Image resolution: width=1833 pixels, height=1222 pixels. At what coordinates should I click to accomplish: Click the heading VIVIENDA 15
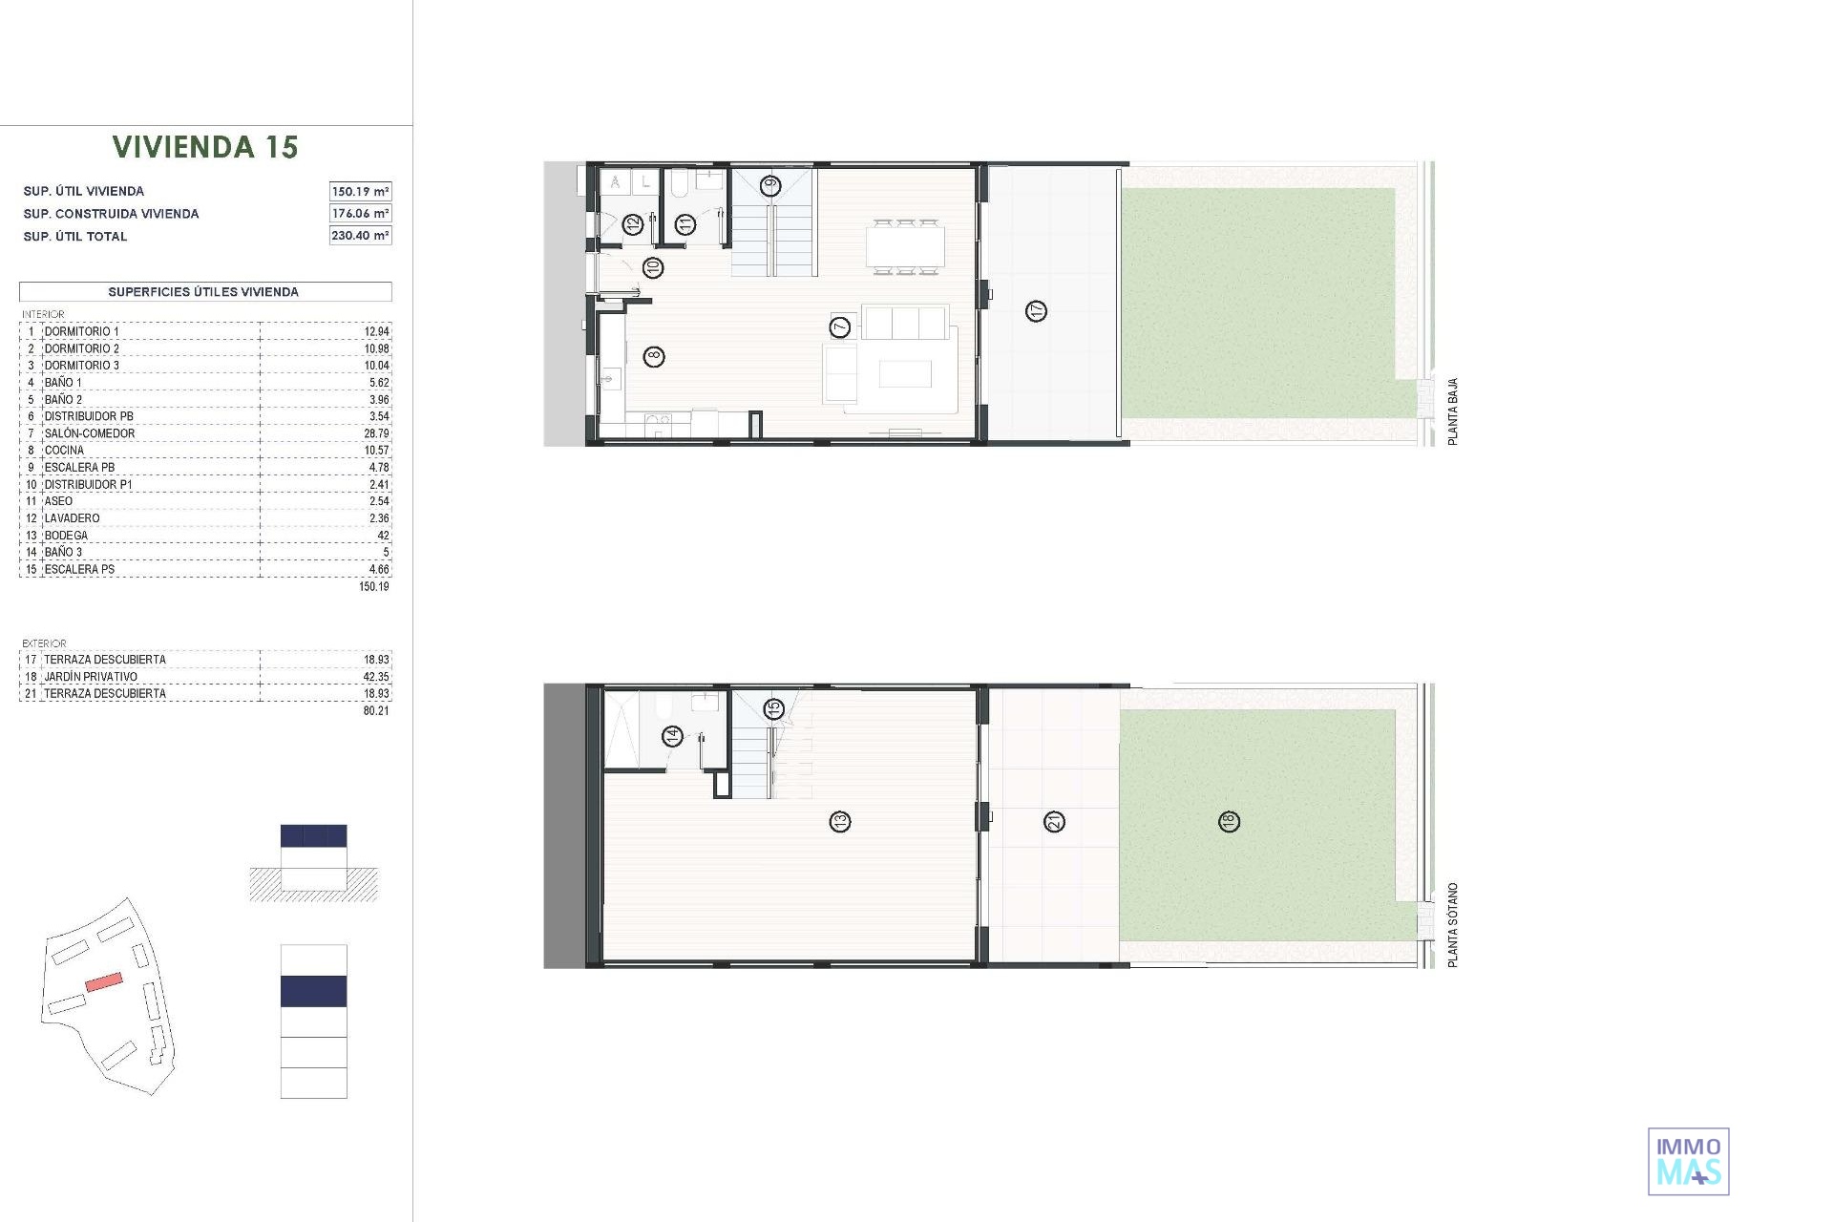tap(205, 147)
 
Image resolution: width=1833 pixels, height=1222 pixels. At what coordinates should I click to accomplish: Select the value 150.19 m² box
tap(360, 191)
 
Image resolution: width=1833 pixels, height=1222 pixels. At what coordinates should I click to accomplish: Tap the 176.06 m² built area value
tap(360, 213)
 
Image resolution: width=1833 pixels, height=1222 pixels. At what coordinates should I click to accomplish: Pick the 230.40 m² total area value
tap(360, 235)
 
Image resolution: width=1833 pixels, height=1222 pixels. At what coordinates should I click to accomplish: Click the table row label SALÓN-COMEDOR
tap(90, 433)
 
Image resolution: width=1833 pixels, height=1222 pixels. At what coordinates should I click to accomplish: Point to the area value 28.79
tap(376, 433)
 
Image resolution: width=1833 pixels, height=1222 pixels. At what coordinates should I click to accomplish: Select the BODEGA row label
tap(66, 536)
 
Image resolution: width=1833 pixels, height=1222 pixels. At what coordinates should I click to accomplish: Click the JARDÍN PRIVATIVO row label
tap(91, 677)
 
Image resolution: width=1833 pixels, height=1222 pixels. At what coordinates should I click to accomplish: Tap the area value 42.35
tap(376, 677)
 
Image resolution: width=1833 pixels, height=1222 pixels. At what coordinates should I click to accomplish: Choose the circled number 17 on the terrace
tap(1037, 310)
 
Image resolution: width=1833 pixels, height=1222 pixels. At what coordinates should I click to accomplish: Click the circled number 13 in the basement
tap(840, 821)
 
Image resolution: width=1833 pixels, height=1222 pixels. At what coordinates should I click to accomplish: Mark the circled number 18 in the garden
tap(1229, 821)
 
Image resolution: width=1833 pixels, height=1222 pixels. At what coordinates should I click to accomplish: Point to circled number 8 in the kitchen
tap(654, 357)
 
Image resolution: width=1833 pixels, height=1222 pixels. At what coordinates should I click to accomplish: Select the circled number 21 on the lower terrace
tap(1055, 821)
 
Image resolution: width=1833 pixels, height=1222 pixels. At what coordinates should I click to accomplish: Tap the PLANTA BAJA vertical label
tap(1453, 411)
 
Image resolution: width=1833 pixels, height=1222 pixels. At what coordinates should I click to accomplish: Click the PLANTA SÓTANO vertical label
tap(1453, 925)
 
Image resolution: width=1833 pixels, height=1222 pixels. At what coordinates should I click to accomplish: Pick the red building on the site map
tap(104, 981)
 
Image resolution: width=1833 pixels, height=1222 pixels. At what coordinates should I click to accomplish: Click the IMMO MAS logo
tap(1689, 1161)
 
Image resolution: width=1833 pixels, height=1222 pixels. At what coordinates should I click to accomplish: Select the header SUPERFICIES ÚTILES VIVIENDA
tap(203, 292)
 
